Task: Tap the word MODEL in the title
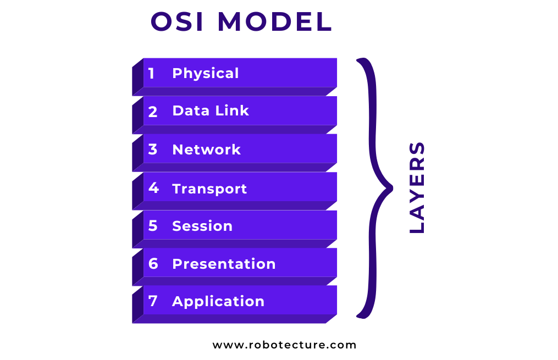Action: coord(275,23)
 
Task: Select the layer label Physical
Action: coord(206,74)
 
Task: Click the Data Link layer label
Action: coord(211,111)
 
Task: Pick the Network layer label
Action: coord(206,149)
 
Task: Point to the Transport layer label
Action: coord(209,189)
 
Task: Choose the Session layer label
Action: coord(202,226)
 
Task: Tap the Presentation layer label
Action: coord(224,264)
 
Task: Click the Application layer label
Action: coord(218,301)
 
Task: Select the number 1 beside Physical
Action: coord(152,74)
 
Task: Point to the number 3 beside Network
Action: coord(153,149)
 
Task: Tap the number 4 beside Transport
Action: coord(153,188)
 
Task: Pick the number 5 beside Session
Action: coord(153,226)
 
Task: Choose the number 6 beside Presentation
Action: coord(153,264)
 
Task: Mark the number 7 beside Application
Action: coord(153,301)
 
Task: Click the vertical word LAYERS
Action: coord(418,187)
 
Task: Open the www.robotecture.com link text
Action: coord(285,345)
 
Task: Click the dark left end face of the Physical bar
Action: coord(137,77)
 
